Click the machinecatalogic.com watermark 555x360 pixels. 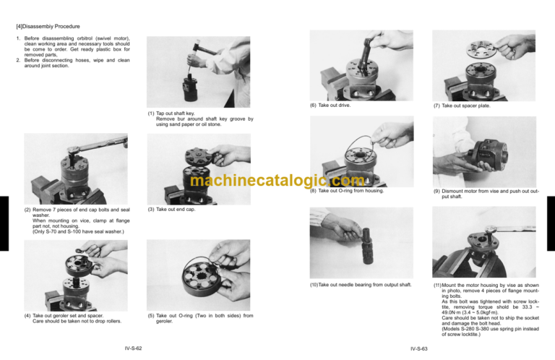pyautogui.click(x=277, y=183)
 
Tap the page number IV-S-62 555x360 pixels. pyautogui.click(x=132, y=348)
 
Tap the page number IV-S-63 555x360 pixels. pyautogui.click(x=418, y=348)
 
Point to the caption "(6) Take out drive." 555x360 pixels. pyautogui.click(x=330, y=106)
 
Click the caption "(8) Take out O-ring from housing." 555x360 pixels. pyautogui.click(x=346, y=191)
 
